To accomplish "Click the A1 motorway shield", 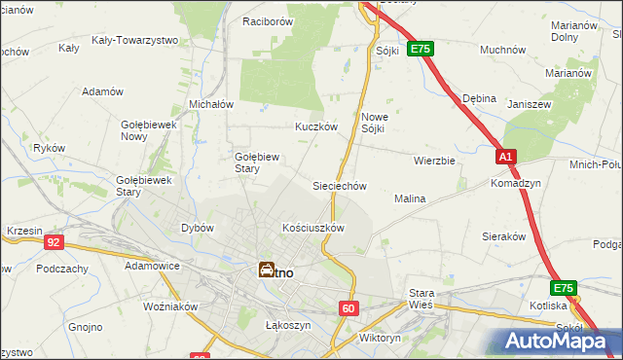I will click(504, 156).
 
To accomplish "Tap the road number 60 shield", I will click(349, 307).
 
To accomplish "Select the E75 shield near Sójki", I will click(421, 48).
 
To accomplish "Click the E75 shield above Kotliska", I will click(563, 288).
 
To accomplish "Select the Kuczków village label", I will click(316, 126).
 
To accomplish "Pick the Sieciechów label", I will click(339, 185).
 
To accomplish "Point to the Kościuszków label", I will click(313, 228).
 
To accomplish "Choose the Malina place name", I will click(410, 198).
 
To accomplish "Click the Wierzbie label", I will click(434, 161).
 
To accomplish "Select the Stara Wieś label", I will click(421, 298).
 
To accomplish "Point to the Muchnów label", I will click(503, 49).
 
